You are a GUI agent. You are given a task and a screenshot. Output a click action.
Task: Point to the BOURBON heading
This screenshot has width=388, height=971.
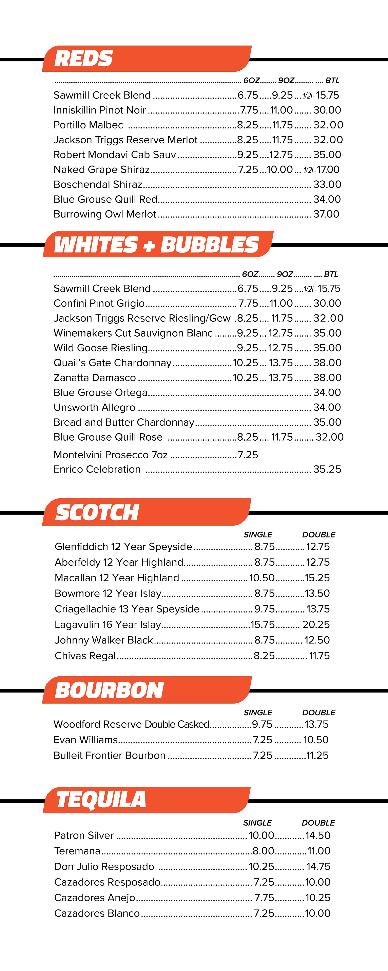tap(109, 690)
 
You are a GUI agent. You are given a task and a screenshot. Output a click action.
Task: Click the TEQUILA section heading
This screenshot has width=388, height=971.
tap(101, 799)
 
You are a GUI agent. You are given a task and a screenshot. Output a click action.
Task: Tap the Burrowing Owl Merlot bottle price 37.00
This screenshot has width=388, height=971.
tap(326, 214)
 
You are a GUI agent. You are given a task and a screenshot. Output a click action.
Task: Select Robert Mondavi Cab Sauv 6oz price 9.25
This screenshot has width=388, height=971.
tap(248, 155)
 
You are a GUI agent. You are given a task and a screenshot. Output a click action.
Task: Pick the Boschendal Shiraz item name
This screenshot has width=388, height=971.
tap(98, 184)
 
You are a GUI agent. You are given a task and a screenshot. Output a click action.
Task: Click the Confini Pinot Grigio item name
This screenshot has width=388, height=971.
tap(99, 303)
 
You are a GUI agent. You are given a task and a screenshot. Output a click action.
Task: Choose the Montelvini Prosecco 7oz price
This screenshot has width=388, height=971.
tap(248, 455)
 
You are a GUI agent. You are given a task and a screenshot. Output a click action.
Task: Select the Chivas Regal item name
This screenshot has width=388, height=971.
tap(85, 656)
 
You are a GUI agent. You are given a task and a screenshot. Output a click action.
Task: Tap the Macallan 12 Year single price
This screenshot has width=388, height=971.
tap(262, 578)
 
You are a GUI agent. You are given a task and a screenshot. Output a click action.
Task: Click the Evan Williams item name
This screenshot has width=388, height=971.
tap(85, 740)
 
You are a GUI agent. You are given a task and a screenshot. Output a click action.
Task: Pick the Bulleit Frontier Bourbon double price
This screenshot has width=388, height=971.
tap(317, 755)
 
